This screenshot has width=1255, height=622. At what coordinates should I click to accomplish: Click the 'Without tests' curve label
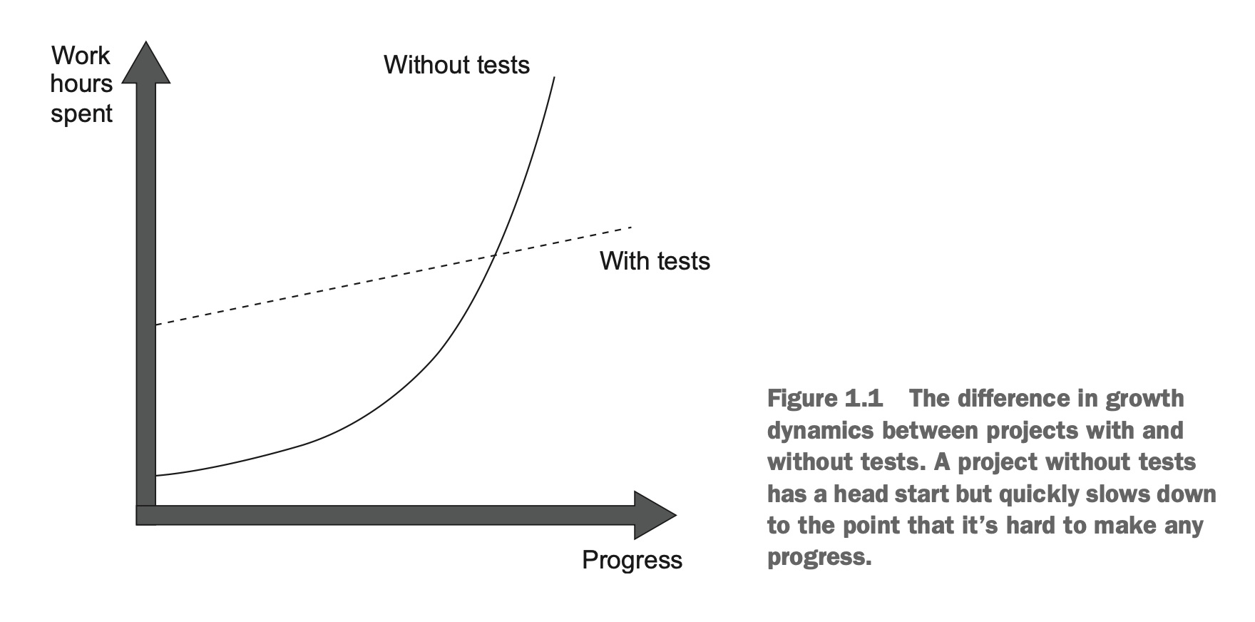(x=456, y=65)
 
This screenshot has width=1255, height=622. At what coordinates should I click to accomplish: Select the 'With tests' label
(x=655, y=261)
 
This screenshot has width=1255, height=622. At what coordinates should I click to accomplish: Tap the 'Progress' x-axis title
(x=632, y=560)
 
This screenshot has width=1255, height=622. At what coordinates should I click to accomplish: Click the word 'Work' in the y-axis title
(x=81, y=56)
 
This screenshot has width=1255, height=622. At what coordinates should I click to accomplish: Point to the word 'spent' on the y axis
(x=81, y=113)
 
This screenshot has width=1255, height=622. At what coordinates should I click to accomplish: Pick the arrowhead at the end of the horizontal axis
(x=654, y=515)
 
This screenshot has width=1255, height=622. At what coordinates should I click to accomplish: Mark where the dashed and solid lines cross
(x=493, y=255)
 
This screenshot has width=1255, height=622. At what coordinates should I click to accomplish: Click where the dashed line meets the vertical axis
(x=156, y=325)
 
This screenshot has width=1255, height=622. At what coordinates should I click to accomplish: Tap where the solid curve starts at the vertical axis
(x=156, y=475)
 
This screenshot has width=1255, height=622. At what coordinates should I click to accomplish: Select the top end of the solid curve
(x=554, y=77)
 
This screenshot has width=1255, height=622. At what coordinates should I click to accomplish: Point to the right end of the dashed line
(x=631, y=228)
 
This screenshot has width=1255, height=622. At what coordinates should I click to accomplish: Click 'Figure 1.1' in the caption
(x=824, y=398)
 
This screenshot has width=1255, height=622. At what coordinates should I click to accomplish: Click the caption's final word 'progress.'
(x=819, y=557)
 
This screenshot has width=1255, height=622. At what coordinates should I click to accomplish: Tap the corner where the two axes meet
(x=146, y=515)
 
